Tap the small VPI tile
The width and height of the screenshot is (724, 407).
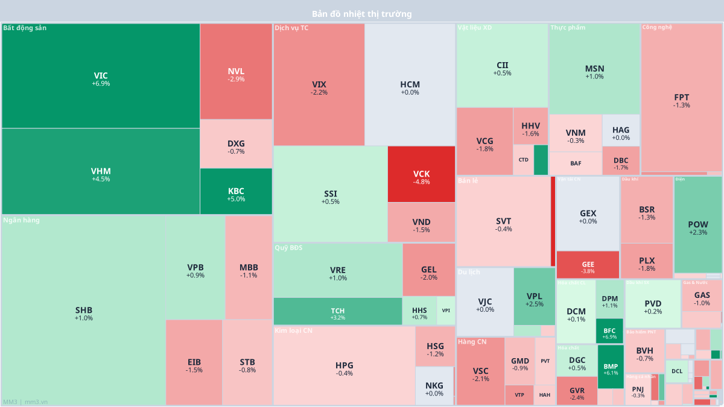446,311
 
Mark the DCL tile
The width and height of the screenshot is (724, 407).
677,371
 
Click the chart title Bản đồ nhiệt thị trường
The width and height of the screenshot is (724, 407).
362,14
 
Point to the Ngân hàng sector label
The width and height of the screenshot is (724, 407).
21,220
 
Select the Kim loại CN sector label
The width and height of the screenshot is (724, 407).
293,330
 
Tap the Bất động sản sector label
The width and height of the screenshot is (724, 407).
25,28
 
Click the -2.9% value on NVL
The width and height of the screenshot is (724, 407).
236,79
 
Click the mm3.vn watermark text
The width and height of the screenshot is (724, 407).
36,402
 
